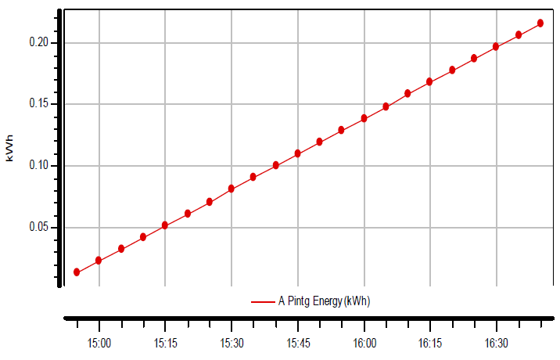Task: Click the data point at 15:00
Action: pyautogui.click(x=99, y=261)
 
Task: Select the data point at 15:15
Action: pyautogui.click(x=165, y=225)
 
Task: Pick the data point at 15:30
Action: pyautogui.click(x=232, y=189)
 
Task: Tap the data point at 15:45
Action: pyautogui.click(x=298, y=153)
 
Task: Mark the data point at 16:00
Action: pyautogui.click(x=364, y=118)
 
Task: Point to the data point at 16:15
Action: pyautogui.click(x=429, y=82)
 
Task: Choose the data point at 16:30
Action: pyautogui.click(x=496, y=47)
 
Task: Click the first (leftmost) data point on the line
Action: pyautogui.click(x=77, y=272)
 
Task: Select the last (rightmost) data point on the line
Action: pyautogui.click(x=540, y=23)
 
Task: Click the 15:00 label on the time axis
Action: pyautogui.click(x=99, y=344)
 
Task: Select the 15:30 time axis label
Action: pyautogui.click(x=232, y=344)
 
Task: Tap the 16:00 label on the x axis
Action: pyautogui.click(x=364, y=344)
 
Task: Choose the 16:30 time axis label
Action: pyautogui.click(x=496, y=344)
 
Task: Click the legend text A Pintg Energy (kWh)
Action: pyautogui.click(x=324, y=301)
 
